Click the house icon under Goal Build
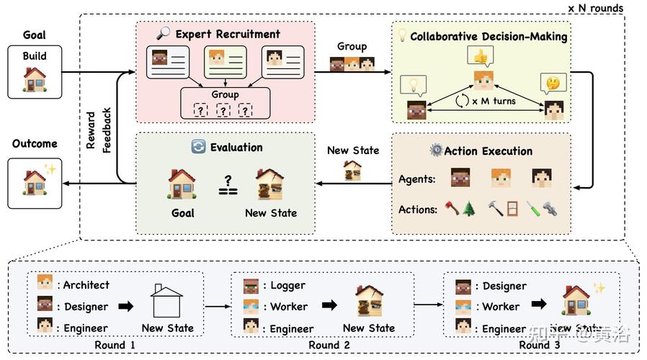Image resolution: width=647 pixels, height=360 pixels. tap(34, 79)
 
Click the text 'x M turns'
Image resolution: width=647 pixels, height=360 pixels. tap(494, 101)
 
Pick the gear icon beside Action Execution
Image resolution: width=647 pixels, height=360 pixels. tap(435, 150)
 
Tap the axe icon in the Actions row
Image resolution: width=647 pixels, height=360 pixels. tap(452, 209)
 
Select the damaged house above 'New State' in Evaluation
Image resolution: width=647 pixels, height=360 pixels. tap(271, 184)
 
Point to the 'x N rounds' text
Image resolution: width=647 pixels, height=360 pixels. tap(595, 8)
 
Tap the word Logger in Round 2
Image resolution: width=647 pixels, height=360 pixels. tap(287, 285)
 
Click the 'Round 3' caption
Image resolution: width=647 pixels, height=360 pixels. tap(539, 345)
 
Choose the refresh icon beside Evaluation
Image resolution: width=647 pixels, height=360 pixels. tap(198, 147)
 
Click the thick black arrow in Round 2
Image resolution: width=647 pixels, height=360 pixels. tap(329, 305)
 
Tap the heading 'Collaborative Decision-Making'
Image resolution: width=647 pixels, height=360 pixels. tap(488, 36)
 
